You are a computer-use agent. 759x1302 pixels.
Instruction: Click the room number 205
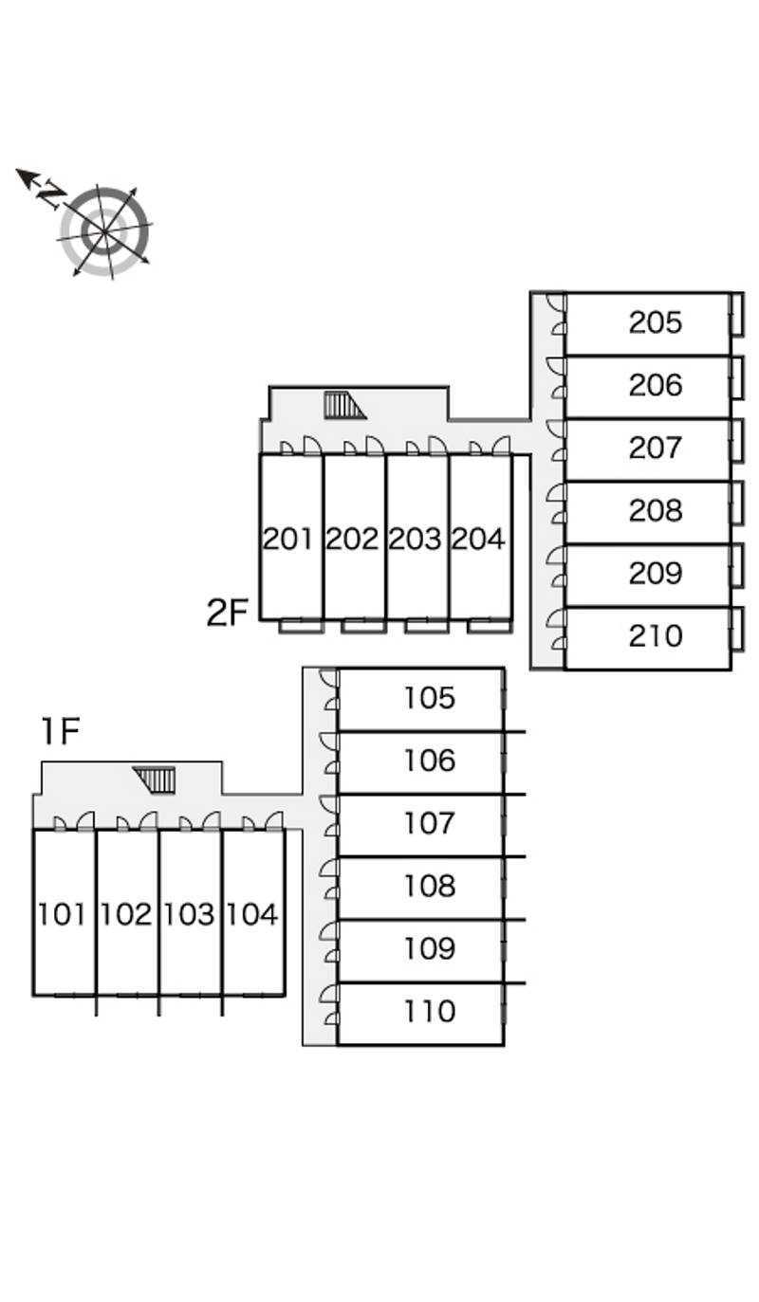click(655, 322)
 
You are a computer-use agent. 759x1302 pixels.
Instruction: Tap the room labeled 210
click(655, 635)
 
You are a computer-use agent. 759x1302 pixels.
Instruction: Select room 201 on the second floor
click(287, 539)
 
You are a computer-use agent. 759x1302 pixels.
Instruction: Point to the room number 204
click(478, 539)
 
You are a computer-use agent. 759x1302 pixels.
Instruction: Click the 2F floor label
click(228, 613)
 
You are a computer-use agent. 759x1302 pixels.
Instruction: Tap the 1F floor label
click(60, 731)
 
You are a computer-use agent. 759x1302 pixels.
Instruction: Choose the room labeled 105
click(430, 698)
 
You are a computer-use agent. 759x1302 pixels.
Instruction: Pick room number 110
click(430, 1011)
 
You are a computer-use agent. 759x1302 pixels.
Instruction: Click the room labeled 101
click(62, 914)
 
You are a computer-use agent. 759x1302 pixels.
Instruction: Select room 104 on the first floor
click(252, 914)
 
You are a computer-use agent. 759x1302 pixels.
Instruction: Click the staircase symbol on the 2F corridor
click(344, 405)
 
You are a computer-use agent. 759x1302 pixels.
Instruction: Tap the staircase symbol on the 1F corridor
click(155, 779)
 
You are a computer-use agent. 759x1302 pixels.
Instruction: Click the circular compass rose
click(104, 230)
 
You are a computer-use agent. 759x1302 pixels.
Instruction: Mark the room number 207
click(655, 448)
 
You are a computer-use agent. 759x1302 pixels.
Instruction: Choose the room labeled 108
click(430, 886)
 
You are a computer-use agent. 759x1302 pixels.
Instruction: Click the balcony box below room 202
click(363, 626)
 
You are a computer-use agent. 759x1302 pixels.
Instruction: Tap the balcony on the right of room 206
click(736, 376)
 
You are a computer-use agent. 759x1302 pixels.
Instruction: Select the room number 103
click(189, 914)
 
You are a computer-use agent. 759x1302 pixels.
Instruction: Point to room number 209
click(655, 573)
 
